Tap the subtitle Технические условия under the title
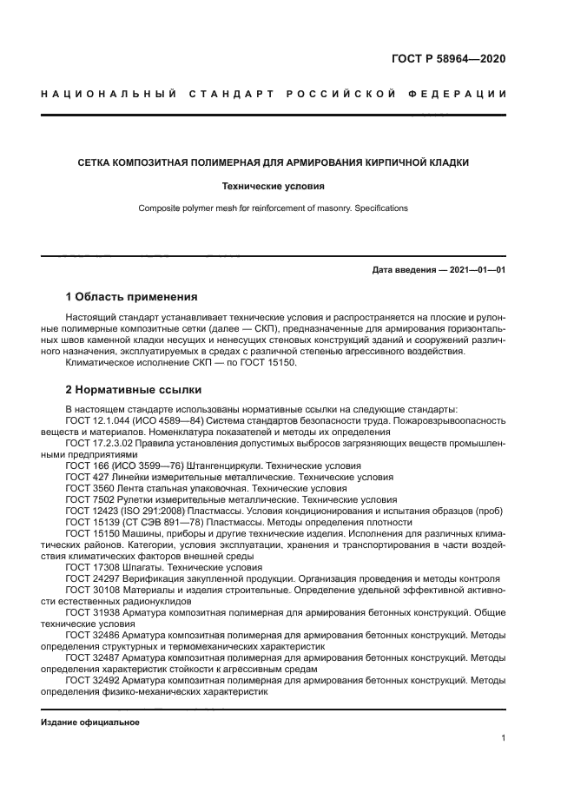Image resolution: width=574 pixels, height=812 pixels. [x=274, y=186]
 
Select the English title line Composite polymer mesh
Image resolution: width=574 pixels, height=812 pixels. [x=273, y=208]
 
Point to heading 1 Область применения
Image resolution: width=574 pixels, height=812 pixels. [x=131, y=297]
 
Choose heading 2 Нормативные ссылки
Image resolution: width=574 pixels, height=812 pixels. [x=134, y=389]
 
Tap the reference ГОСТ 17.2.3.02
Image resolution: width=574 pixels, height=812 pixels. [x=102, y=443]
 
